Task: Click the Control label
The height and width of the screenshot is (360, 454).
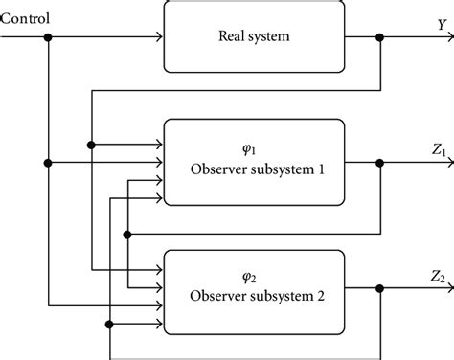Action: (x=26, y=18)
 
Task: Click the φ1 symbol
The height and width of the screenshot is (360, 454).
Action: (x=254, y=148)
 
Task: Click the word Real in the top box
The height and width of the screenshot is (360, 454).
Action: (x=231, y=38)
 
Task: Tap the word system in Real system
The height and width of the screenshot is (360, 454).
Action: (x=275, y=38)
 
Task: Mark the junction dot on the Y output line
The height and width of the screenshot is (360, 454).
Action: (x=381, y=38)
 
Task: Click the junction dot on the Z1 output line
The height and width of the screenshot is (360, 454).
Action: (x=381, y=164)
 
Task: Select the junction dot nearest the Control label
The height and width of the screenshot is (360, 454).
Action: (x=48, y=38)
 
